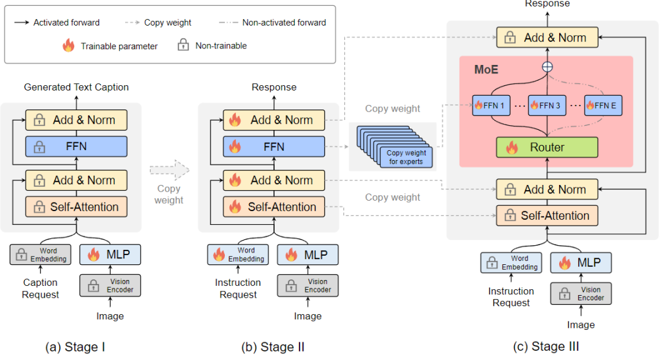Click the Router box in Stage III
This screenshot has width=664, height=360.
click(547, 148)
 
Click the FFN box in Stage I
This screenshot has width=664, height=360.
click(76, 147)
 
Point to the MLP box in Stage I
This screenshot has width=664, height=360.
click(111, 254)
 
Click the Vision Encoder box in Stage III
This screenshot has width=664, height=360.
click(581, 294)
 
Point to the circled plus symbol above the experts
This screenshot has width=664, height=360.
click(546, 67)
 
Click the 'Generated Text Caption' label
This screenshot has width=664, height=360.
click(76, 87)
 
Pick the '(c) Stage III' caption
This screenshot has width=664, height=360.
click(547, 346)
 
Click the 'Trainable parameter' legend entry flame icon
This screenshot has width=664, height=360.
click(68, 46)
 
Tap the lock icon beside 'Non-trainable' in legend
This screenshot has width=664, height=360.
click(183, 46)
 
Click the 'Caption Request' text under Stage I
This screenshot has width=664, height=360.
click(41, 289)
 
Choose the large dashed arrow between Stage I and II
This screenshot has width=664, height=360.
click(168, 170)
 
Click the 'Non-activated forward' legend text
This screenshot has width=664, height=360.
click(284, 22)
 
